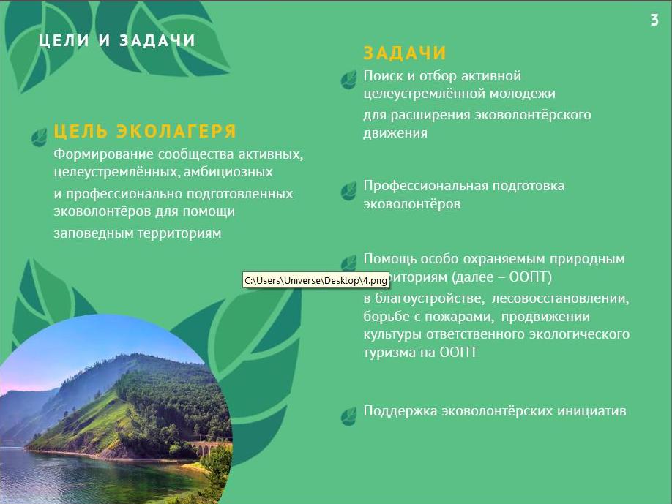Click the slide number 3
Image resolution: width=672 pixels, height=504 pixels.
click(x=654, y=20)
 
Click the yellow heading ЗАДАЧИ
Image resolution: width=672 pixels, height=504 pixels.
click(x=405, y=53)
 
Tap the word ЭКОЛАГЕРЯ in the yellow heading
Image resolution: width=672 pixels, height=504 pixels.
click(x=176, y=131)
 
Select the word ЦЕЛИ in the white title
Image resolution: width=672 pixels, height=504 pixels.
click(x=64, y=40)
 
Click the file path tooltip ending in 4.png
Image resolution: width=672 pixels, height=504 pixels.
click(x=316, y=280)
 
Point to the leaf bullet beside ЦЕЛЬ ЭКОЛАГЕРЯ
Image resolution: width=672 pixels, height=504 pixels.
click(x=40, y=137)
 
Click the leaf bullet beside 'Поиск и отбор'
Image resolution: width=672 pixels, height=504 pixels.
click(x=349, y=80)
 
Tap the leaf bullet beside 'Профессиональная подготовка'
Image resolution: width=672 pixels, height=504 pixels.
click(x=349, y=191)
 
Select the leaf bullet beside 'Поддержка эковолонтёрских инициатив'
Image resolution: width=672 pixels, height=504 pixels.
click(x=349, y=415)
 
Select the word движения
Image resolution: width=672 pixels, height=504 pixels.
click(x=395, y=132)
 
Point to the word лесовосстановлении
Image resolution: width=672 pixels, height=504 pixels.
click(x=560, y=298)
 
